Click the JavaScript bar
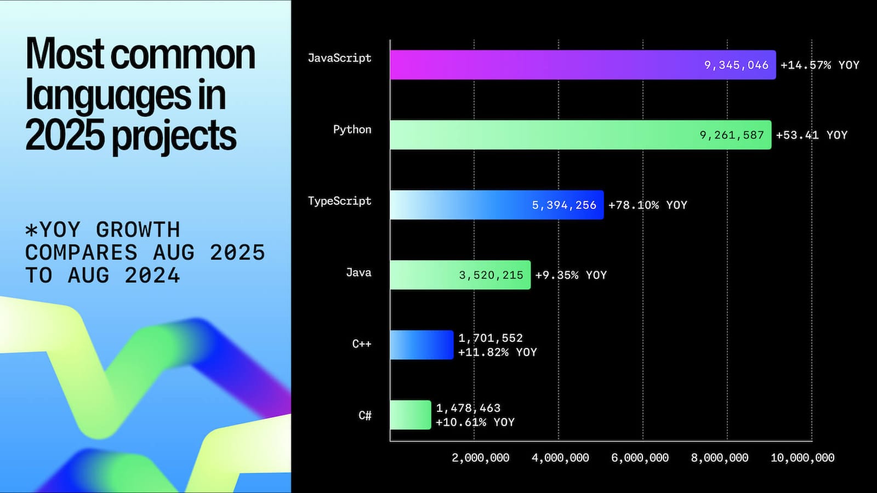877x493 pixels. click(548, 65)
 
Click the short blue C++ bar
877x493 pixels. click(422, 345)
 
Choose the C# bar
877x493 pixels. click(411, 415)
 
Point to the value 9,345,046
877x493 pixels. click(736, 65)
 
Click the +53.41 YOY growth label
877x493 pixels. click(811, 135)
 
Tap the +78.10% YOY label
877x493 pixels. click(647, 205)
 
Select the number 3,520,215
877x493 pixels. click(491, 276)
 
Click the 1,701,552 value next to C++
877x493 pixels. click(491, 339)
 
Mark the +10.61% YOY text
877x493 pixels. click(475, 422)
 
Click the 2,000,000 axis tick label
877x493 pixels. click(480, 458)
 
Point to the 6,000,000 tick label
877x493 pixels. click(640, 458)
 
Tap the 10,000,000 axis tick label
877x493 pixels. click(802, 458)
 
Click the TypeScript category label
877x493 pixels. click(339, 201)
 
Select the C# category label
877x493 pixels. click(365, 416)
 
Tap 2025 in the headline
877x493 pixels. click(65, 136)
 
